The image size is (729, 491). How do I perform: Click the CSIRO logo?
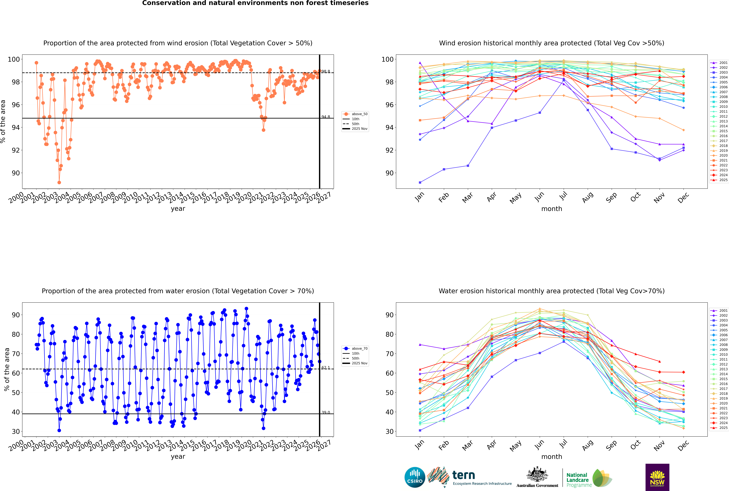click(x=415, y=477)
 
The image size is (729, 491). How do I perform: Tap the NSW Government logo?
click(x=657, y=477)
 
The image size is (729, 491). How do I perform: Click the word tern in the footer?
click(x=464, y=475)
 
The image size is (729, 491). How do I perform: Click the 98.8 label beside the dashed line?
click(x=326, y=72)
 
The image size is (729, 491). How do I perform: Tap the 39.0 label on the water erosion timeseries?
click(x=326, y=412)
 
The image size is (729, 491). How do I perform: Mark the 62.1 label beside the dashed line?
click(x=326, y=368)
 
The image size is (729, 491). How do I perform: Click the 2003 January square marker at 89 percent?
click(x=420, y=182)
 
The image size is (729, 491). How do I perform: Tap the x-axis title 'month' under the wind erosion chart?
click(x=552, y=209)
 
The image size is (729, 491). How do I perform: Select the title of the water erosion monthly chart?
click(x=552, y=291)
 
